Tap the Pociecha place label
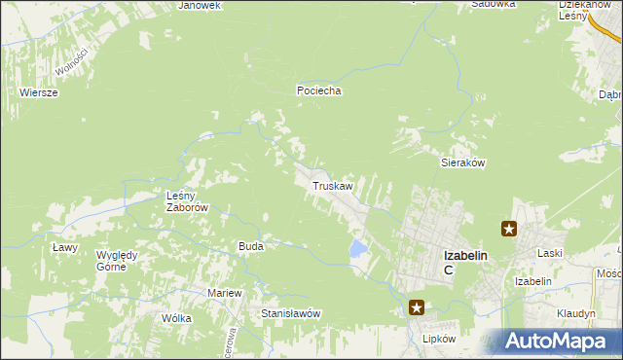click(319, 90)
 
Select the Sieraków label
click(463, 163)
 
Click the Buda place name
click(250, 246)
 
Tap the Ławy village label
click(64, 247)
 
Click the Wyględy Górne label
click(117, 261)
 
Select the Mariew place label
click(224, 293)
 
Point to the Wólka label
click(177, 318)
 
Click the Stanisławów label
click(291, 313)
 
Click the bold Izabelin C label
click(464, 262)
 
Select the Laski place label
click(551, 253)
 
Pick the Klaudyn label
click(576, 314)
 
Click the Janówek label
click(201, 5)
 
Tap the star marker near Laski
click(509, 230)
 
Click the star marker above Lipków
click(417, 308)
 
